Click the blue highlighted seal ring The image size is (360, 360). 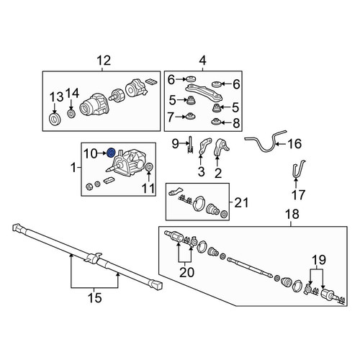111,153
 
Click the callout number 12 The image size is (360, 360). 104,60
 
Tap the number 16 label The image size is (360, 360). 294,144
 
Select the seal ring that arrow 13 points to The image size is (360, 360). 55,119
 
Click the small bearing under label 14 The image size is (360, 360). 71,114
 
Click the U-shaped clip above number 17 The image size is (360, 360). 298,169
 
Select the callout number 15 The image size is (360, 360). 95,298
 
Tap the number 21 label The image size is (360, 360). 241,203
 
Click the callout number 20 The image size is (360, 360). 186,272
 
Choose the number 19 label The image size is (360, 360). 319,260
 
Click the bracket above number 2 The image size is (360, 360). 221,147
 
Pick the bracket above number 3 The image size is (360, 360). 205,146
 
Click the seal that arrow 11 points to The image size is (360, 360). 149,167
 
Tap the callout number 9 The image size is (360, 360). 176,144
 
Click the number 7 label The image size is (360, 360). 171,117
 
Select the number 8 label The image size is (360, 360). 236,123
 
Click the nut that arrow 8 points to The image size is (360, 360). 215,122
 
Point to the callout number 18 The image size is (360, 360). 292,214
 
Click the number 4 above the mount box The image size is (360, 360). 203,60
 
